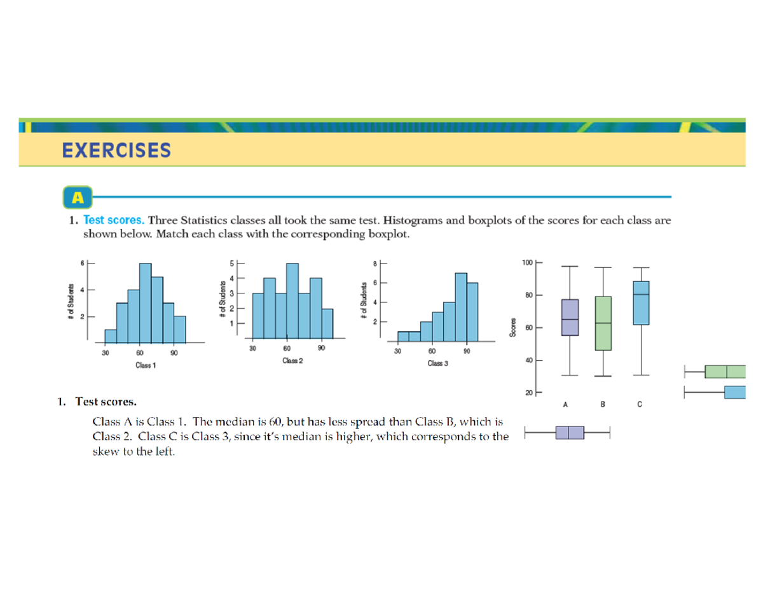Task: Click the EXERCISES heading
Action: click(116, 151)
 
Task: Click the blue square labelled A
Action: click(78, 197)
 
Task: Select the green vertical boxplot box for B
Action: click(603, 323)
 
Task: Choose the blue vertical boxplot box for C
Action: click(641, 303)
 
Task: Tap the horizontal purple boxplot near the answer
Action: click(569, 433)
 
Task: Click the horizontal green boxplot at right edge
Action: click(725, 371)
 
